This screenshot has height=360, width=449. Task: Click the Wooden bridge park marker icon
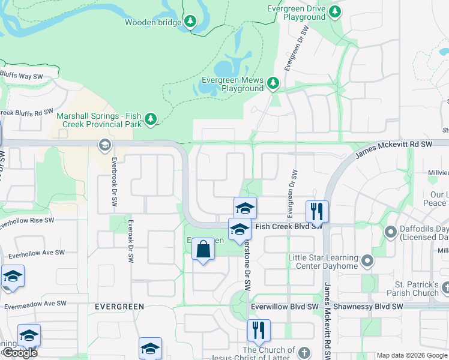(x=190, y=22)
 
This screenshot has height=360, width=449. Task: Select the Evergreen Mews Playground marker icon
(x=273, y=83)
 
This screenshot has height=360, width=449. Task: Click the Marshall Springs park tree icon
(x=150, y=119)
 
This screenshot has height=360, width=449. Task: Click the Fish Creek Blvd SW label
(x=289, y=227)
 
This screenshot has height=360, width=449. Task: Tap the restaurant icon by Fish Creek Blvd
(x=316, y=211)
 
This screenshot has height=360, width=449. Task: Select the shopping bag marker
(x=203, y=249)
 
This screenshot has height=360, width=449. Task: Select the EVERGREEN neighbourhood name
(x=119, y=307)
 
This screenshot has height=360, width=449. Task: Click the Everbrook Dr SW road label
(x=113, y=182)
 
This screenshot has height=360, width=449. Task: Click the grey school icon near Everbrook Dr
(x=104, y=145)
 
